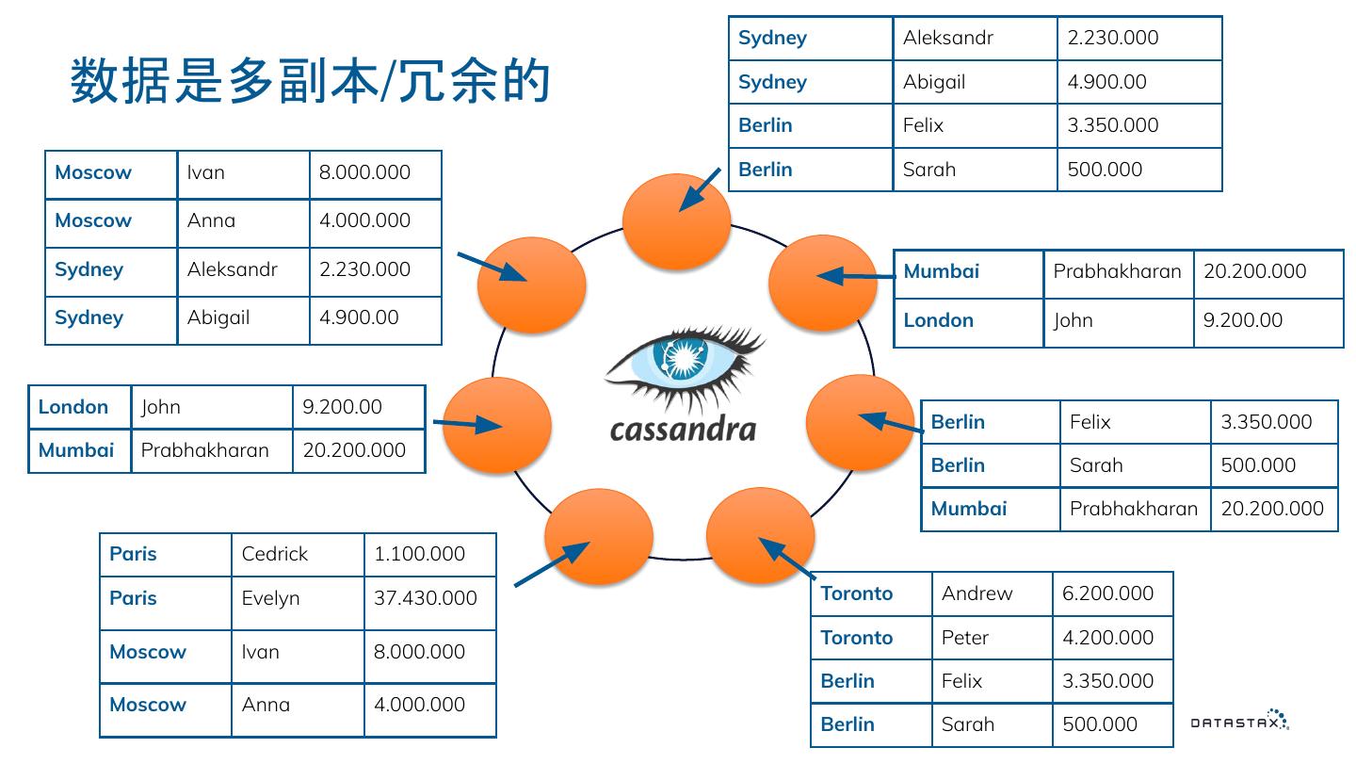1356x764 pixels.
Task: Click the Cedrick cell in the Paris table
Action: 275,554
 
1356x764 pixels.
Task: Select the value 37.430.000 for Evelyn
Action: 426,598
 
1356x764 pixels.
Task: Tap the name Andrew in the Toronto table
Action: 977,593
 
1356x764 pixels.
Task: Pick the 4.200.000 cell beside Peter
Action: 1108,638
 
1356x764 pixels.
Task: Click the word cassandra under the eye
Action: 683,429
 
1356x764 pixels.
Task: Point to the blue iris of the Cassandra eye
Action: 685,360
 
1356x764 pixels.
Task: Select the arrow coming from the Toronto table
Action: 787,558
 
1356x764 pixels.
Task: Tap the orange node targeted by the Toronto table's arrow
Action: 759,534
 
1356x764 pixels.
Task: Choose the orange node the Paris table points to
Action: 599,537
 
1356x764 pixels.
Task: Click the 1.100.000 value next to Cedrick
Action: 420,554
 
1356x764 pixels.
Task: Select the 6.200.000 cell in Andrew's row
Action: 1108,593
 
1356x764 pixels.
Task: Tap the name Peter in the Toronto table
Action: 965,638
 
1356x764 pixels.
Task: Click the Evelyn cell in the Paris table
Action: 271,598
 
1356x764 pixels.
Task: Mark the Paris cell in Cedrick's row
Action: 134,554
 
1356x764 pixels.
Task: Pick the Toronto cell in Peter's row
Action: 857,638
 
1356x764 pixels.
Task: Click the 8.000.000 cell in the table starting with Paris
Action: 420,652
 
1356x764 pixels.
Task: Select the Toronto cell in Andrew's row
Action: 857,593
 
